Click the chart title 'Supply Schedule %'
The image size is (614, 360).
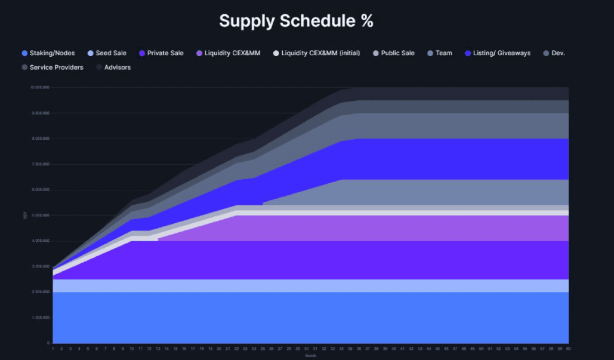click(x=296, y=21)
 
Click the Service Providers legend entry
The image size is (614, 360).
click(x=56, y=67)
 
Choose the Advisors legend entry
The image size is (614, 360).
click(x=117, y=67)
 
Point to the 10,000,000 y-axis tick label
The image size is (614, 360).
click(x=40, y=88)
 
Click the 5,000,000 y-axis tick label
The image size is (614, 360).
click(x=41, y=216)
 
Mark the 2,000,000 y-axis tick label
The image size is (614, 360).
click(x=41, y=292)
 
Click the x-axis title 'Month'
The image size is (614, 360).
click(x=311, y=355)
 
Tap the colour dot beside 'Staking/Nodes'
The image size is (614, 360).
click(x=24, y=53)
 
